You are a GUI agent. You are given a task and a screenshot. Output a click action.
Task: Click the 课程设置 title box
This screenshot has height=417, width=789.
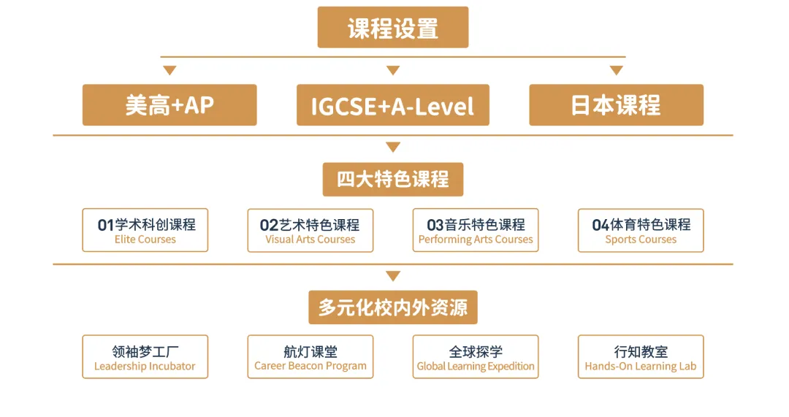tap(392, 27)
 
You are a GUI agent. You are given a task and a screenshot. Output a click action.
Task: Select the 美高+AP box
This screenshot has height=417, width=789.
tap(169, 104)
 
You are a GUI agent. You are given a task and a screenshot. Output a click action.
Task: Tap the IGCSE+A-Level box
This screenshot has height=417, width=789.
tap(392, 104)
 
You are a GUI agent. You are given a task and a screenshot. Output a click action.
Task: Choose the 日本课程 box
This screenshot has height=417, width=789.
tap(616, 104)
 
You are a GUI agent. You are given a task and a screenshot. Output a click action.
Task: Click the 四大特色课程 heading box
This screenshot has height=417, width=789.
tap(392, 179)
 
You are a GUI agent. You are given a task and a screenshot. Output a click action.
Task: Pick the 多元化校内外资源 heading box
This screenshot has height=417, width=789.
tap(392, 307)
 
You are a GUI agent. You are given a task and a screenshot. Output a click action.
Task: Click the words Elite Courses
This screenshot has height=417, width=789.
tap(145, 240)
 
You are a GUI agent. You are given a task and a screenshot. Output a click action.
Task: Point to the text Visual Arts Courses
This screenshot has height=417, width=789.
tap(310, 240)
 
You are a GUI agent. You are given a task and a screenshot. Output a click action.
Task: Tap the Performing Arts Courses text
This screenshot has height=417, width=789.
tap(476, 240)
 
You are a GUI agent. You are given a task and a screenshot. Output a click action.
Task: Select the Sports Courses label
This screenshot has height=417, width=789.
tap(641, 240)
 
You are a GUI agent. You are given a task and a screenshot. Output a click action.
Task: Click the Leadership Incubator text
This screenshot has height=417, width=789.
tap(145, 366)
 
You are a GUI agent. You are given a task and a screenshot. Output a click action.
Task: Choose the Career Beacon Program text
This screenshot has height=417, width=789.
tap(310, 366)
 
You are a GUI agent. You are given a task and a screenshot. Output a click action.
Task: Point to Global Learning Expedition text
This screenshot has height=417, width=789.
tap(476, 366)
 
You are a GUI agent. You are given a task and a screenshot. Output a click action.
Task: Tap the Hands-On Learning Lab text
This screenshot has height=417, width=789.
tap(641, 366)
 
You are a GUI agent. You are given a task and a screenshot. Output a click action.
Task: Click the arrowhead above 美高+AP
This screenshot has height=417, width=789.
tap(169, 70)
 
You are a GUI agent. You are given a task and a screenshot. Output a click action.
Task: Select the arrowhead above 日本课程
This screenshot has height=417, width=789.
tap(616, 70)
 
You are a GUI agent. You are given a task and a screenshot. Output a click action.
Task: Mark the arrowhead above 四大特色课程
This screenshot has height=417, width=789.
tap(392, 148)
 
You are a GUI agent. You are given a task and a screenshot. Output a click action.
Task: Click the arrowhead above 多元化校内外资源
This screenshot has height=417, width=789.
tap(392, 276)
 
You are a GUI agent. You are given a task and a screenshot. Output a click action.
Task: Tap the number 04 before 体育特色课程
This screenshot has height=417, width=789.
tap(601, 225)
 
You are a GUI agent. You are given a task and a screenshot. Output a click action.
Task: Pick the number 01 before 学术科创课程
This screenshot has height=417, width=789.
tap(106, 225)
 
